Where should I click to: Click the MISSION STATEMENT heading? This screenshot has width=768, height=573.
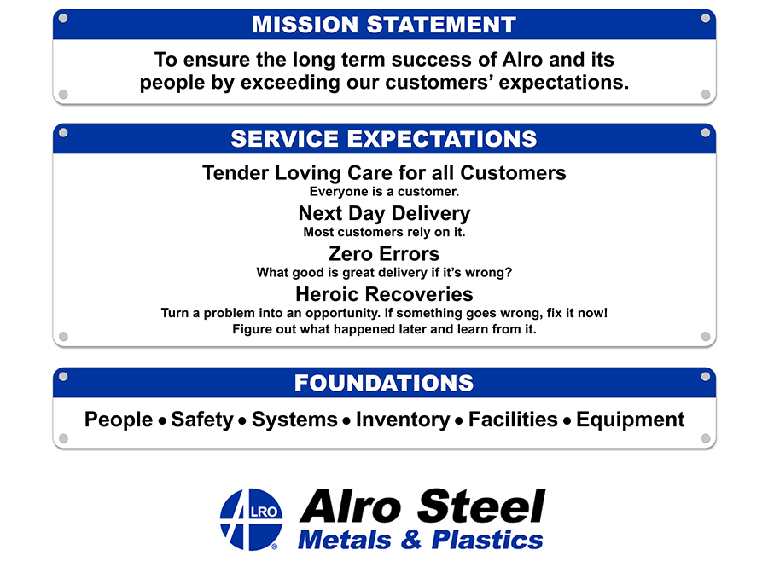[x=384, y=25]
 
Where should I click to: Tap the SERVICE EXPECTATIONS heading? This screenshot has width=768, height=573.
[x=384, y=139]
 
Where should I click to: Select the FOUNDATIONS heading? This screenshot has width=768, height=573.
[x=384, y=383]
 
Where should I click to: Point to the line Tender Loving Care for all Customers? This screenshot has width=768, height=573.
[x=384, y=173]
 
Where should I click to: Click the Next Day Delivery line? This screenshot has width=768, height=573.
[x=384, y=214]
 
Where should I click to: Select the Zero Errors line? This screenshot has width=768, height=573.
[x=384, y=254]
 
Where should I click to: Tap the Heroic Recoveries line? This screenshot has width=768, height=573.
[x=384, y=294]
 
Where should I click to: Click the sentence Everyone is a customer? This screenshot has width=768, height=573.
[x=384, y=192]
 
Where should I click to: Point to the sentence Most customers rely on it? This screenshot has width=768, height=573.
[x=384, y=232]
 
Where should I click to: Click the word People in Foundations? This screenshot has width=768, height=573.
[x=119, y=420]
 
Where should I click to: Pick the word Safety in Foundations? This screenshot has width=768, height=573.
[x=202, y=420]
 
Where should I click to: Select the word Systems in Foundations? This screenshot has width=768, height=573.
[x=294, y=420]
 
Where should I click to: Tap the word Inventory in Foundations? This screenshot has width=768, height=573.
[x=403, y=420]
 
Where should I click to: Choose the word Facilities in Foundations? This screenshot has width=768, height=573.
[x=513, y=420]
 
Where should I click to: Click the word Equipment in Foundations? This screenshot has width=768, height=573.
[x=630, y=420]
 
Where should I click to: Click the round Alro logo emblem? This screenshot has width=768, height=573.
[x=251, y=519]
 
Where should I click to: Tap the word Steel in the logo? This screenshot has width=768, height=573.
[x=481, y=506]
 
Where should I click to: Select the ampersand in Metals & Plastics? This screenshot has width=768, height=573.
[x=411, y=540]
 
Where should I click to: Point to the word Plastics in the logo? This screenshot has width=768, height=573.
[x=487, y=540]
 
